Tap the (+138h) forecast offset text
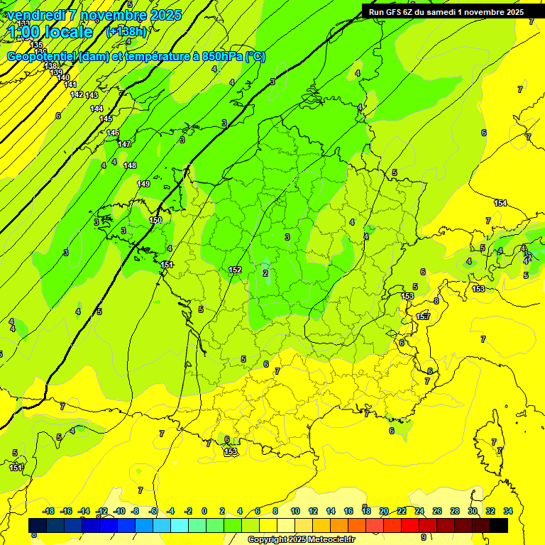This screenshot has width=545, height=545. click(126, 31)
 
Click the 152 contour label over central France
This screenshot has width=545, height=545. click(236, 270)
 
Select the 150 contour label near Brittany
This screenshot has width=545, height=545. click(156, 220)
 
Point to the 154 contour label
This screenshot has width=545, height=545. click(500, 204)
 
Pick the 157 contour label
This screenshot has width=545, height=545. click(424, 316)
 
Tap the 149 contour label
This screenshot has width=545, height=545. click(143, 184)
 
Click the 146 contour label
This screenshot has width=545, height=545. click(113, 133)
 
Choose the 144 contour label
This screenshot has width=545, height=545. click(97, 109)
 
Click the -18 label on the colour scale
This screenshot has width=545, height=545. click(48, 511)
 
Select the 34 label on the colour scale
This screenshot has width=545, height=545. click(508, 511)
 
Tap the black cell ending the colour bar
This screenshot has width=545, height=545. click(499, 525)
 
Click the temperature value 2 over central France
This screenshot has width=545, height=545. click(265, 272)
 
